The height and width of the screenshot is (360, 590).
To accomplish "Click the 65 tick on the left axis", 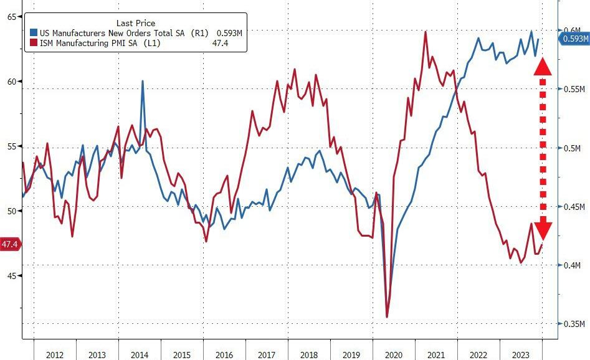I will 11,17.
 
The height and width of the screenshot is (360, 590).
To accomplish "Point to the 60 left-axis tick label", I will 11,82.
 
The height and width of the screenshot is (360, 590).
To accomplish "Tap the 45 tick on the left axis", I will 11,275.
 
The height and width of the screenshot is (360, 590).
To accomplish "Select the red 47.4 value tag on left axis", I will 9,244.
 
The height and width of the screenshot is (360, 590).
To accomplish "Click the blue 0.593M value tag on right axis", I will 574,39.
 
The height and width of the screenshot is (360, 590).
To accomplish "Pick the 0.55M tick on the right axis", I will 574,90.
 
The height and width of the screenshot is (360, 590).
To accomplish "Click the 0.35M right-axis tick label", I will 574,324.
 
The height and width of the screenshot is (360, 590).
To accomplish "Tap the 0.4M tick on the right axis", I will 574,266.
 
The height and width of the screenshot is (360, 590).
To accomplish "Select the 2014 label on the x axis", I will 139,354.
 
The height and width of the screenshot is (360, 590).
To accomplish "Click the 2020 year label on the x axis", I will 393,354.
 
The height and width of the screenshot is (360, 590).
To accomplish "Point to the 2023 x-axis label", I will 521,354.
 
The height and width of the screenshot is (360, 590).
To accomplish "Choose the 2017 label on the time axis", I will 266,354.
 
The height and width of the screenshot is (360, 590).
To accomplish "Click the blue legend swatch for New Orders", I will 33,32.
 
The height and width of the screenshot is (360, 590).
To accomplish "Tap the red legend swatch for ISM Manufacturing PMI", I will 33,42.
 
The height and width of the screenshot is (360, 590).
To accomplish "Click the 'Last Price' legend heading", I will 136,23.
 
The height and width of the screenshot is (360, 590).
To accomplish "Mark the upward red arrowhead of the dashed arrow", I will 542,66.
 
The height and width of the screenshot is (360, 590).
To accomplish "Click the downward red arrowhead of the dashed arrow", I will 542,230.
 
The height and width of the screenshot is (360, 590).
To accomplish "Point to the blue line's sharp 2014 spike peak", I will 143,81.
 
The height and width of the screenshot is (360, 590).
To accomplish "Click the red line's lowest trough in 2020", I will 387,317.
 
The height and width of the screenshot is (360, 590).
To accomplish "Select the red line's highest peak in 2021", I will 426,32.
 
